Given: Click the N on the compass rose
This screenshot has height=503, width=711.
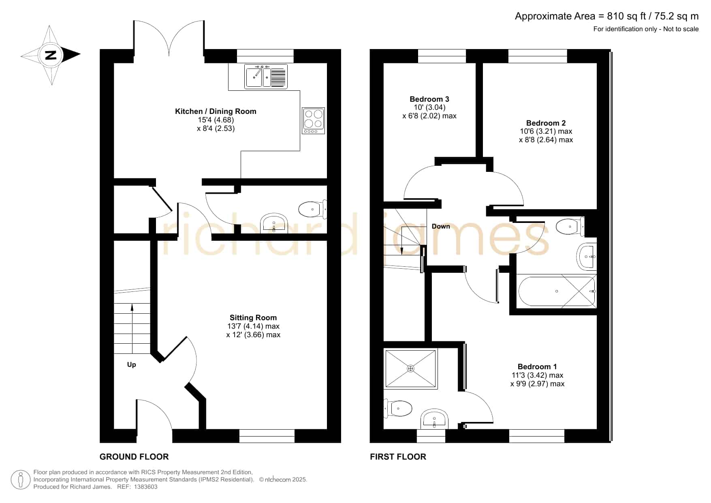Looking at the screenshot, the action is [x=51, y=55].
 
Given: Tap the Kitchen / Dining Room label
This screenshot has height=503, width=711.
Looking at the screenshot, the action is [x=216, y=111].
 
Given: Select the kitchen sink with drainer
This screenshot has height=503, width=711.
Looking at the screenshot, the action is [x=266, y=76].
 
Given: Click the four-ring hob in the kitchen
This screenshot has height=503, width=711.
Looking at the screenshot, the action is [x=313, y=120].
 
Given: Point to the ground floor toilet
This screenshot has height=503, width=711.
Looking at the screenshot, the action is [x=313, y=209].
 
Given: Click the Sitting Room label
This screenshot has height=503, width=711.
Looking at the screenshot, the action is [x=253, y=317].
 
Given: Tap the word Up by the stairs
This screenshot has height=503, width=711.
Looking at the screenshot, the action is [x=132, y=364].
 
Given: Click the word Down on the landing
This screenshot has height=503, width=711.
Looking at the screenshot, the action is [x=441, y=226].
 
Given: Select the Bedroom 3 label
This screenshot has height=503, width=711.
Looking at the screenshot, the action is [x=429, y=99].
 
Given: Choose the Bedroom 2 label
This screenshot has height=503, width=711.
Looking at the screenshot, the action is [x=546, y=123].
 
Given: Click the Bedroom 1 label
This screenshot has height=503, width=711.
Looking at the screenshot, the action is [x=537, y=366].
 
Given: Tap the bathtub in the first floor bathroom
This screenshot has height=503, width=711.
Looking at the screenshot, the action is [x=557, y=291].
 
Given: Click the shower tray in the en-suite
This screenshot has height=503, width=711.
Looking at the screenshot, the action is [x=411, y=368].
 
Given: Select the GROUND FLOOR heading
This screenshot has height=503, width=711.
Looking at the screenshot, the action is [x=134, y=457].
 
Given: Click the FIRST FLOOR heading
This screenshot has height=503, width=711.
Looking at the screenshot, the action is [x=398, y=457].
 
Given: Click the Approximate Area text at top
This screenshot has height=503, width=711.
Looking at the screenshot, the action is [x=606, y=16].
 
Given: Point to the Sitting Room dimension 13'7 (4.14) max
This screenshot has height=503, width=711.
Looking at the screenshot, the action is [x=253, y=326].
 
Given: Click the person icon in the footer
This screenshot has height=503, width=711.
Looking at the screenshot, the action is [x=20, y=480].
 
